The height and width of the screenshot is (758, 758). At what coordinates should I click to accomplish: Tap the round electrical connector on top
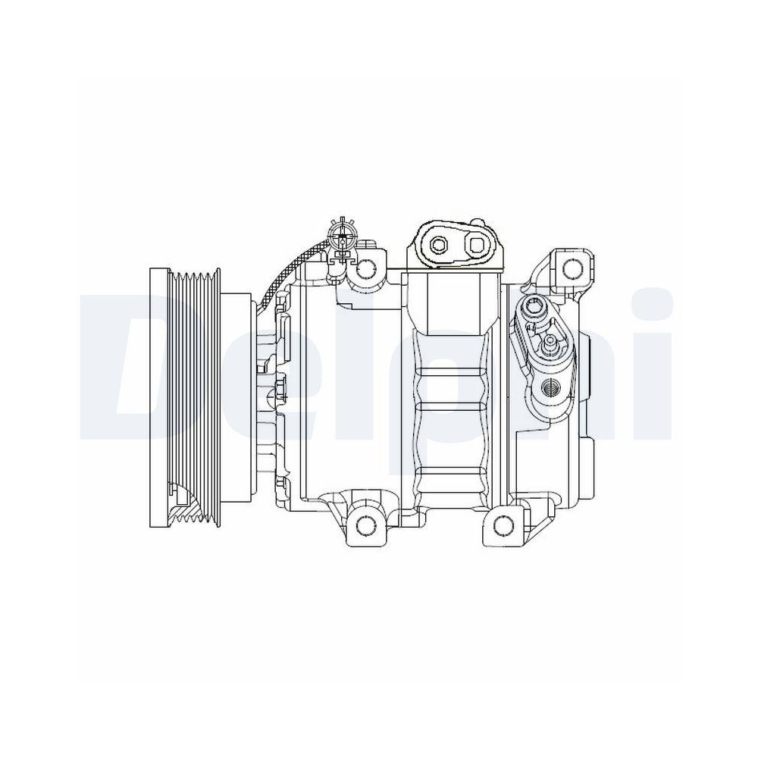(x=343, y=235)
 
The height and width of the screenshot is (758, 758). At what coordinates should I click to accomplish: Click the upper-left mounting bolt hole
(x=368, y=267)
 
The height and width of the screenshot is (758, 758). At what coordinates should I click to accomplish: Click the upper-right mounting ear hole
(x=573, y=266)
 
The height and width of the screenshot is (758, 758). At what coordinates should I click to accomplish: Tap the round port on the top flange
(x=440, y=244)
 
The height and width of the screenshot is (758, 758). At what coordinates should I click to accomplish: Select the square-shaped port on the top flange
(x=476, y=244)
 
